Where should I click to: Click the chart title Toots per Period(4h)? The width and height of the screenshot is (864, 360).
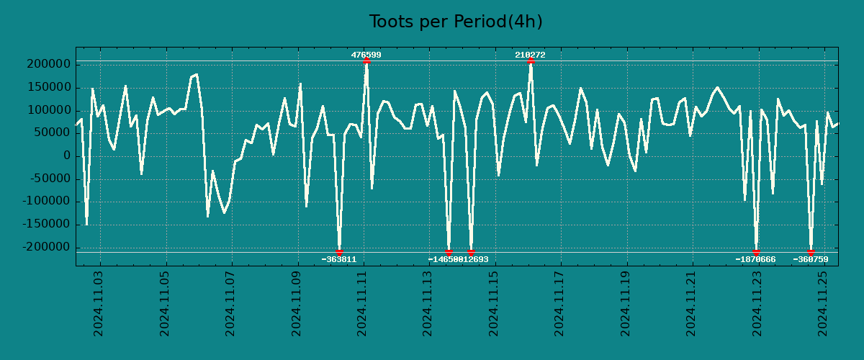click(x=455, y=22)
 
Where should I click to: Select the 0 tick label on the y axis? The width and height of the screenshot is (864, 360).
click(x=66, y=156)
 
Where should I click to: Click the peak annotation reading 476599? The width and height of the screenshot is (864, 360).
click(x=366, y=55)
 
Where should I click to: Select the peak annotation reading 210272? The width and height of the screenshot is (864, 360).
click(x=530, y=55)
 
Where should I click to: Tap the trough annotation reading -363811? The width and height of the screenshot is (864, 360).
click(x=338, y=259)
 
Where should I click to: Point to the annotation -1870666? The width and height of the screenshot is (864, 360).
click(x=755, y=259)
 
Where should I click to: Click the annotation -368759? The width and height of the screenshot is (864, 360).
click(x=811, y=259)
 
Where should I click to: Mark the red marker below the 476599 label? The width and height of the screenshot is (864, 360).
click(x=366, y=61)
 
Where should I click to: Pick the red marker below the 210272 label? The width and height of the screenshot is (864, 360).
click(x=531, y=61)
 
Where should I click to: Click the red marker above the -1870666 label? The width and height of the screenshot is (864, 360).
click(x=756, y=252)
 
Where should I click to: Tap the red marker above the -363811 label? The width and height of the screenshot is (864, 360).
click(x=339, y=252)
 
